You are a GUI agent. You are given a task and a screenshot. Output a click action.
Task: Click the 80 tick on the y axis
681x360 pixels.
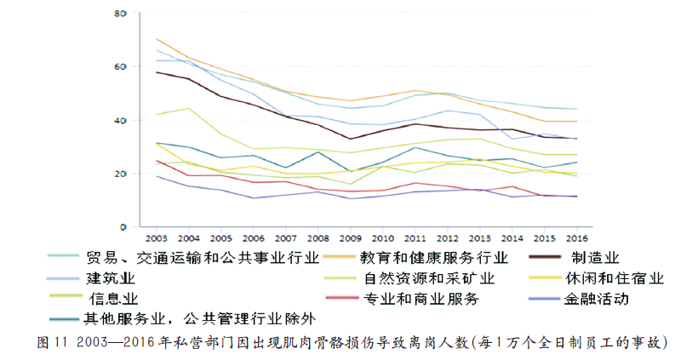click(x=121, y=14)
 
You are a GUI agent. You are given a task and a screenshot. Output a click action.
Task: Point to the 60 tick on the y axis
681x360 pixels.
click(x=121, y=66)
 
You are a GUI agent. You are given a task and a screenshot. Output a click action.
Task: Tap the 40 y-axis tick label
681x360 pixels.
click(x=121, y=120)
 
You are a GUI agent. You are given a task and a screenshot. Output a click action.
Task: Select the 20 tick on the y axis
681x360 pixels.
click(x=121, y=174)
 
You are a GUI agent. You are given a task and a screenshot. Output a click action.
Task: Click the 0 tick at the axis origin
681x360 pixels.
click(x=123, y=226)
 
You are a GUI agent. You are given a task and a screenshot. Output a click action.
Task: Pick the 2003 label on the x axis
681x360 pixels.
click(x=157, y=239)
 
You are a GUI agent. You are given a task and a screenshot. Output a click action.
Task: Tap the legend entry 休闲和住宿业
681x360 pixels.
click(x=613, y=278)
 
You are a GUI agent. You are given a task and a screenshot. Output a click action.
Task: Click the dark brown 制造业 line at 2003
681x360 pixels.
click(x=157, y=72)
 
